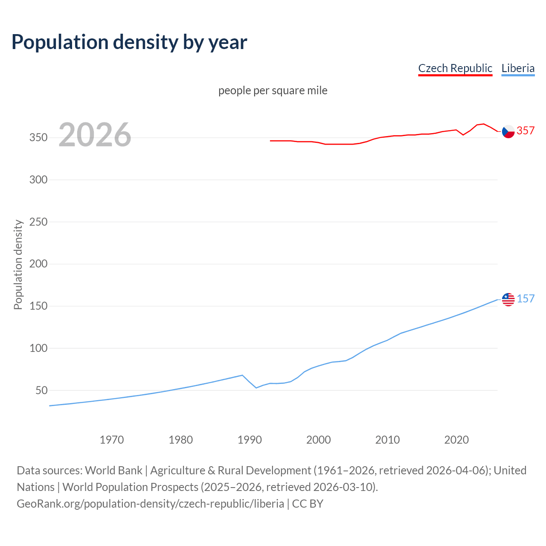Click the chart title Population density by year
129,42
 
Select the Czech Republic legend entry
455,68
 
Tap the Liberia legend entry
518,68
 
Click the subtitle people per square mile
273,90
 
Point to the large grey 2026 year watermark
95,135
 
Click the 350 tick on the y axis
38,138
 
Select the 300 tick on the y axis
38,180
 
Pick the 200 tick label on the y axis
38,264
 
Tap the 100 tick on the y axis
38,348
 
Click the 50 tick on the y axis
41,390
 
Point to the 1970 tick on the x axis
112,440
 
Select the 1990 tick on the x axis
250,440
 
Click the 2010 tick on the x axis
387,440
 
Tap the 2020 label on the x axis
456,440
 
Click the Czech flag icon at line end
508,131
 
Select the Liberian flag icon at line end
508,299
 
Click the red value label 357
526,131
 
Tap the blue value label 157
526,299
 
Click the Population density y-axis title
18,264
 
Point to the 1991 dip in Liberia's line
256,388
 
